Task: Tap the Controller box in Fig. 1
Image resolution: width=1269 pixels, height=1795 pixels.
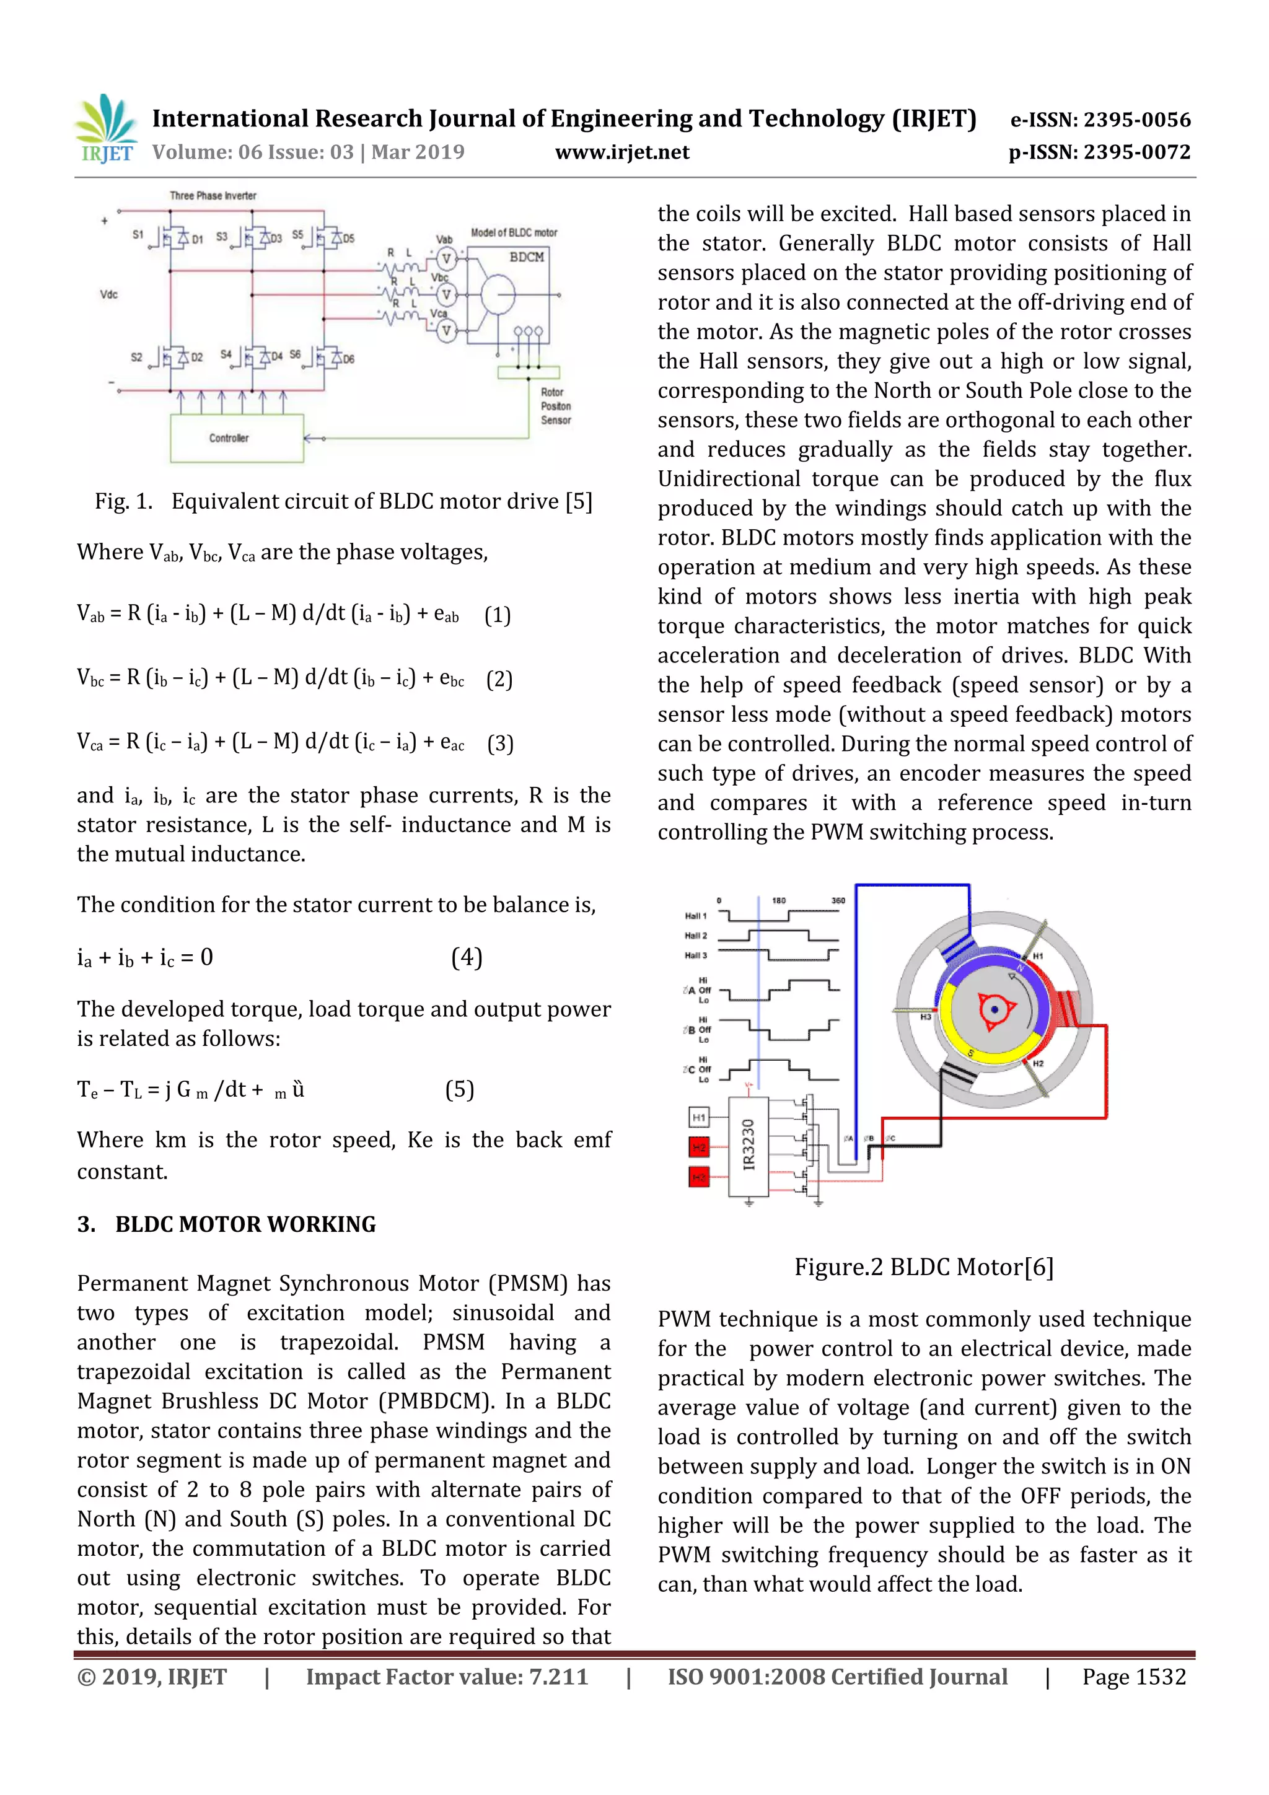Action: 236,438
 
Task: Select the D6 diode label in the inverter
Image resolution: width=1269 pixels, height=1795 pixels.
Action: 349,359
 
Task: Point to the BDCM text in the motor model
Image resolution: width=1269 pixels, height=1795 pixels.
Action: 526,257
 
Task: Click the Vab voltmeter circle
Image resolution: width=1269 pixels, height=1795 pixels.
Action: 446,259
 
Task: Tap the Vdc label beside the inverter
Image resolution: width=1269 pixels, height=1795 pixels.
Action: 108,295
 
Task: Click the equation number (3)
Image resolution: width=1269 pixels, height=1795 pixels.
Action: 499,743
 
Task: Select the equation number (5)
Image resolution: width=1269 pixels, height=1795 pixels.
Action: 459,1089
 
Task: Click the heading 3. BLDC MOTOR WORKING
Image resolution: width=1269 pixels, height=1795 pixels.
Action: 227,1224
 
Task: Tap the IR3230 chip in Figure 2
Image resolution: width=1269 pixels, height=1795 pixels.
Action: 749,1144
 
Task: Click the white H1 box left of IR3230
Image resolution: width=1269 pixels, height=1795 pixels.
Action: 698,1117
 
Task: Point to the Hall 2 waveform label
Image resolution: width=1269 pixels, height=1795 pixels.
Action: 695,935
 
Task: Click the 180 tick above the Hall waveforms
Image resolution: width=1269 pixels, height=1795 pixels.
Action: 779,901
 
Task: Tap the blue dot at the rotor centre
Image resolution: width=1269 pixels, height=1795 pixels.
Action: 995,1009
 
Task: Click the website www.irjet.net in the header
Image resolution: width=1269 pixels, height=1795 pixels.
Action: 622,152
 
